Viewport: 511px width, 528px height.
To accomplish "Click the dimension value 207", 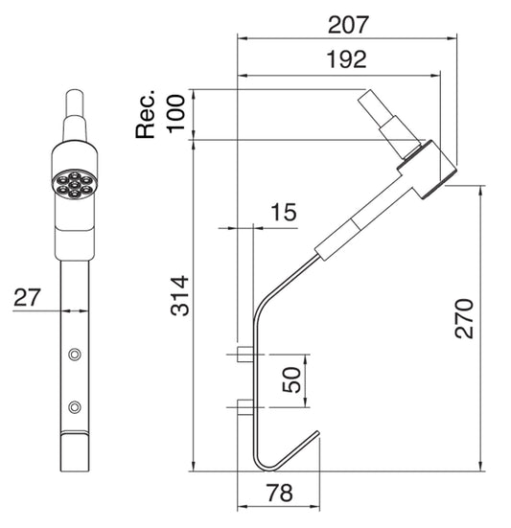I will (346, 21).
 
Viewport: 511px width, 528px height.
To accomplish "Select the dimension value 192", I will (346, 59).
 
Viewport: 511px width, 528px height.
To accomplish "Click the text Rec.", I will (147, 115).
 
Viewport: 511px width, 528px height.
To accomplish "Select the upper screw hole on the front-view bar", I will (74, 355).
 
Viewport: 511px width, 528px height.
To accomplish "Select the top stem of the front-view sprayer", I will (74, 113).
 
